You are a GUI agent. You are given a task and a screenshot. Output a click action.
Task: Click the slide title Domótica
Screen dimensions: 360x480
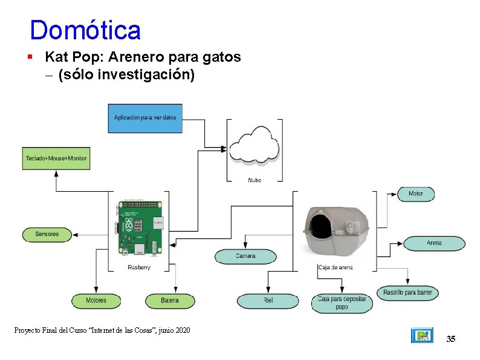(x=85, y=30)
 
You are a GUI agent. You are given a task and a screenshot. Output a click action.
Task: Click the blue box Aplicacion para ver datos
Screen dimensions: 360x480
(x=145, y=118)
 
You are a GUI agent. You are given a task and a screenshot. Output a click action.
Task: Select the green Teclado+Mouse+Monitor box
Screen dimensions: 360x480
(x=56, y=159)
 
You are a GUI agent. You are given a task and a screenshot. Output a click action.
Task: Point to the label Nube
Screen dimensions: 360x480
(x=255, y=180)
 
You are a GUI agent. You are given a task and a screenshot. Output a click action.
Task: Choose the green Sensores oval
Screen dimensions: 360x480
(x=47, y=234)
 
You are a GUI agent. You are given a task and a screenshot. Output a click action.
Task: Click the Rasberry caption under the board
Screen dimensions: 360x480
(x=139, y=267)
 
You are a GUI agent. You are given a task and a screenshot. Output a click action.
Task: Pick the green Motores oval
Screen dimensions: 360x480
(x=96, y=300)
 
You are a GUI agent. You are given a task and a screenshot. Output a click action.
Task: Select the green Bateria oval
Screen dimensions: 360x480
(x=170, y=300)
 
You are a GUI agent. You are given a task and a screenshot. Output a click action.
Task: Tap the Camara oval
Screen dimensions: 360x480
(x=245, y=256)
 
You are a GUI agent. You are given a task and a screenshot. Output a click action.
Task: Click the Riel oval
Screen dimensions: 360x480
(x=268, y=300)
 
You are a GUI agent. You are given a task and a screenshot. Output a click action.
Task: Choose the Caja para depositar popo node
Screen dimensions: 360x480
(x=342, y=303)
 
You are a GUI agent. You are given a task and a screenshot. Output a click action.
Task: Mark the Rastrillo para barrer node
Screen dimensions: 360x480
(x=407, y=293)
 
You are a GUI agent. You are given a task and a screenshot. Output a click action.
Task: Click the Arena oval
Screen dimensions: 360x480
(x=434, y=243)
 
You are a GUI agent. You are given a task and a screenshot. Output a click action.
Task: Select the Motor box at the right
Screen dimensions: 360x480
(x=416, y=194)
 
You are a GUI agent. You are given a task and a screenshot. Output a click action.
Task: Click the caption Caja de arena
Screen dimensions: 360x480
(x=336, y=267)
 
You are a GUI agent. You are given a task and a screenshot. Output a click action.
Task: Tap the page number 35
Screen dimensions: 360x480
(x=450, y=339)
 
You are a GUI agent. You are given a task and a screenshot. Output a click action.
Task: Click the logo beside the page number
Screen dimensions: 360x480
(x=422, y=335)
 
